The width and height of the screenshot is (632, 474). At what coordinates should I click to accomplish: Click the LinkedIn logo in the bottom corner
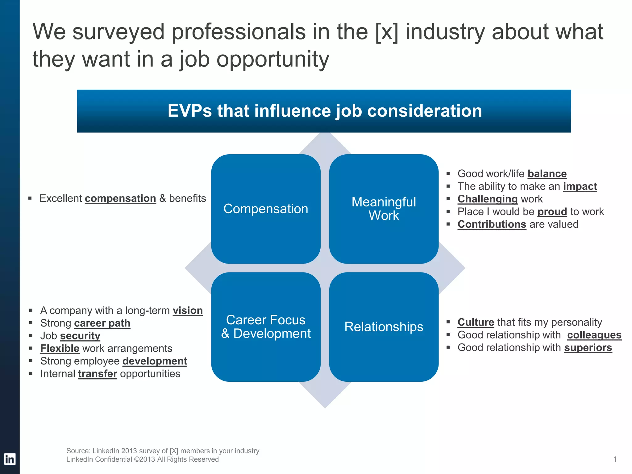click(x=10, y=459)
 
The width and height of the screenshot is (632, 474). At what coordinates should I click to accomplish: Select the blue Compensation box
click(x=266, y=209)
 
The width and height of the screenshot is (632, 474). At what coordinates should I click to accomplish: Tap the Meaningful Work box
click(x=384, y=209)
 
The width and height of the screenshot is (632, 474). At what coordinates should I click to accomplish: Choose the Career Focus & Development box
click(x=266, y=327)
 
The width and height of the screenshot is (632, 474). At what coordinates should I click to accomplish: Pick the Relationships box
click(x=384, y=327)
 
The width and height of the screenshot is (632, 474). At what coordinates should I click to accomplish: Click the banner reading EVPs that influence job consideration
click(x=324, y=111)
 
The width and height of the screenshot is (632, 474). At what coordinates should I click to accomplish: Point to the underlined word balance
click(x=547, y=174)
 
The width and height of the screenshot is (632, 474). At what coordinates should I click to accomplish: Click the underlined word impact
click(x=580, y=186)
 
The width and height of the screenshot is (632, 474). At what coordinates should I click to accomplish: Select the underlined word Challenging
click(x=487, y=199)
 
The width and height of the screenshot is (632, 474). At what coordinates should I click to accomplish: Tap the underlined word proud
click(x=552, y=212)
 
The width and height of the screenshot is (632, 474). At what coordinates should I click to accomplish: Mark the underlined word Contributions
click(x=492, y=224)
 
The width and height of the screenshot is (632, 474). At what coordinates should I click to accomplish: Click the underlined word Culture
click(x=476, y=322)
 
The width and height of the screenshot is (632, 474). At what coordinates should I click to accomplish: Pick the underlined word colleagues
click(x=594, y=335)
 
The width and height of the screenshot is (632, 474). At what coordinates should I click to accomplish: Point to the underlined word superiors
click(x=588, y=347)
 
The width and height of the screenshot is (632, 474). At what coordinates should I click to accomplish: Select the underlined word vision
click(x=188, y=310)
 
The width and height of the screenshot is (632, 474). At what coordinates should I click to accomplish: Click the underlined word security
click(x=80, y=336)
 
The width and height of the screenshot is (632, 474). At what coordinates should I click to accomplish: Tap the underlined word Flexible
click(x=60, y=348)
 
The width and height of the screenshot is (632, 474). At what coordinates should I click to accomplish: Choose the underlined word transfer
click(x=98, y=374)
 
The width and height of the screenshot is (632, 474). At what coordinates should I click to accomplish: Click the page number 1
click(x=615, y=459)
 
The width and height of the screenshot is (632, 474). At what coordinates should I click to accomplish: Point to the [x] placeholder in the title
click(x=386, y=32)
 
